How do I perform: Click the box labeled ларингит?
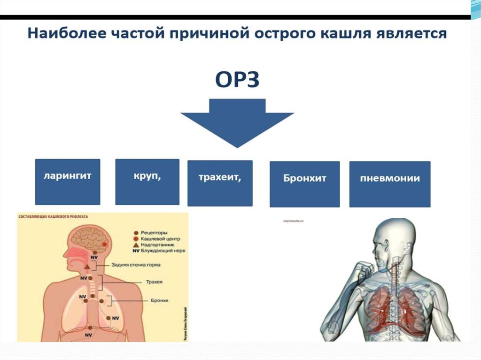pos(68,182)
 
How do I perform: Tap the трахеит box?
pos(220,183)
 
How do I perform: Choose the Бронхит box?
pos(304,184)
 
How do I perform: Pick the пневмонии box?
pos(390,184)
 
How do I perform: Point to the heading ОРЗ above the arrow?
pos(237,80)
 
